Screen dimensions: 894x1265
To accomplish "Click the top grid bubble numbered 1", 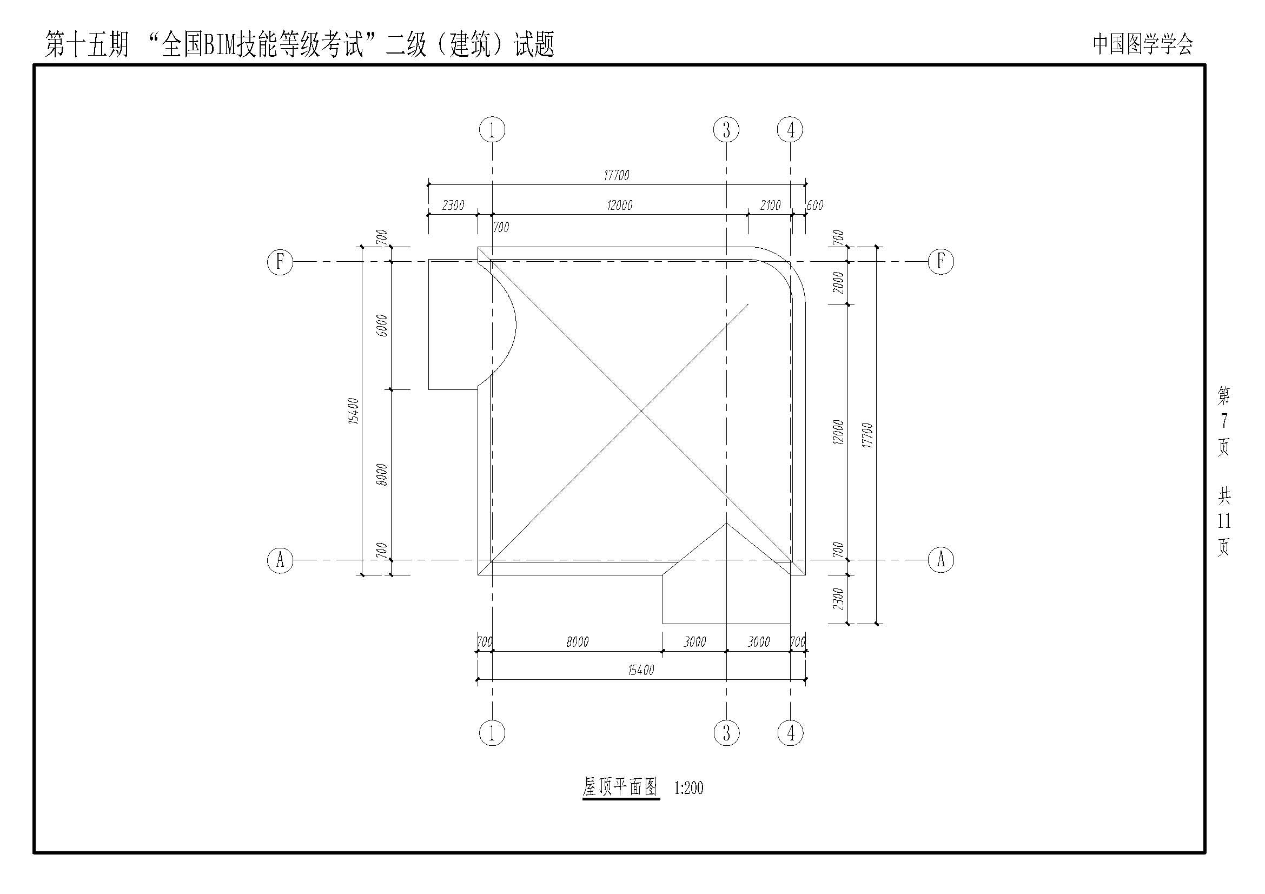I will point(492,130).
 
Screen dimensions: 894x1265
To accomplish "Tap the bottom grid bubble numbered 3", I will point(726,733).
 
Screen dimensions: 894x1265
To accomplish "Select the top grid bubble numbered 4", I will point(790,130).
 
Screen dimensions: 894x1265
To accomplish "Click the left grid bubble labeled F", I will point(280,261).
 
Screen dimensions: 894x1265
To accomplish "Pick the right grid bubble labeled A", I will point(941,560).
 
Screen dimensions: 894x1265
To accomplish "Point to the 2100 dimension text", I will point(770,206).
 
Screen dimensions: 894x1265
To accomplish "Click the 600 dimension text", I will point(815,206).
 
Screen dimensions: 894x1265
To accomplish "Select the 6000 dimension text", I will point(382,326).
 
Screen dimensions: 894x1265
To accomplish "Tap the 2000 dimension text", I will point(838,282).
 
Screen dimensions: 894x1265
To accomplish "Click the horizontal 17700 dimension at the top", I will point(617,175).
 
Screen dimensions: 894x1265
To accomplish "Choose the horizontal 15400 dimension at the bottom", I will point(641,670).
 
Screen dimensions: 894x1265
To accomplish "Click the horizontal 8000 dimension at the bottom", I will point(578,642).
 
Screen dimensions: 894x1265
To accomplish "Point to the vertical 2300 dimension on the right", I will point(838,599).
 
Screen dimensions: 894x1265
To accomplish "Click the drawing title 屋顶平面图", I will point(621,786).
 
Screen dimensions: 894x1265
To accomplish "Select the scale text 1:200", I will point(688,787).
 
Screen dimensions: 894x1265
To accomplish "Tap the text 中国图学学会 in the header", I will point(1143,44).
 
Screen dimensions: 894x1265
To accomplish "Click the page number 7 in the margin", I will point(1224,421).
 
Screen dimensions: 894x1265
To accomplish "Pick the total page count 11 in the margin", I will point(1224,520).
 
